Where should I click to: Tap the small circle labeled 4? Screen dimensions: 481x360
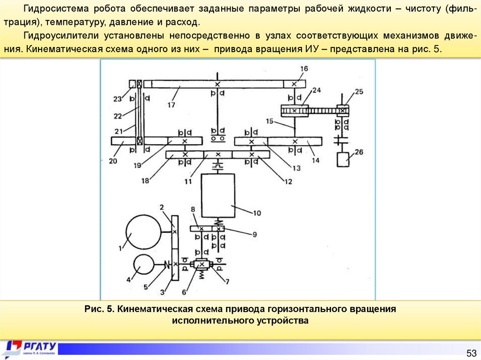click(143, 265)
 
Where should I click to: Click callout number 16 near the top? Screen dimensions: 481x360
click(304, 69)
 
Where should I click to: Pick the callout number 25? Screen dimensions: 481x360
click(359, 92)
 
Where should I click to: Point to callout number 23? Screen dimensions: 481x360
click(117, 99)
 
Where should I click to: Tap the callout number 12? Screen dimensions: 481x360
click(287, 181)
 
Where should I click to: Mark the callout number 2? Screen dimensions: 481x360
click(161, 207)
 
